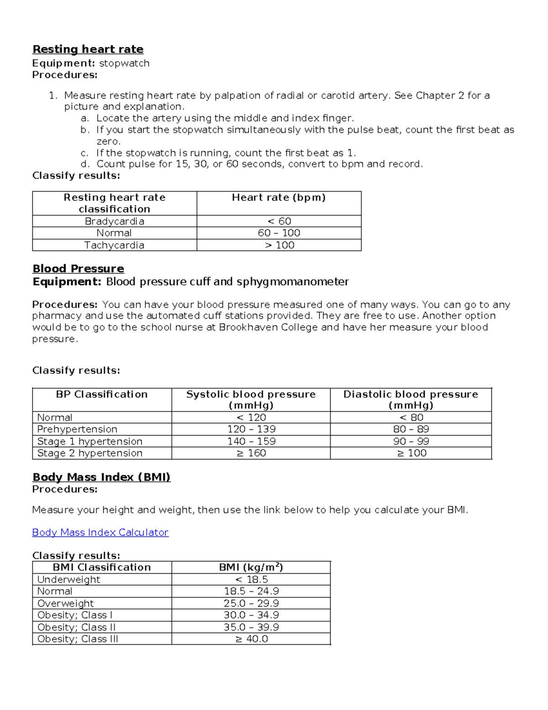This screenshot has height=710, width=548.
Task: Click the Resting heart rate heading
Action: click(x=88, y=49)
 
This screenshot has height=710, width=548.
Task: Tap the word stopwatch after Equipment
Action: click(x=124, y=63)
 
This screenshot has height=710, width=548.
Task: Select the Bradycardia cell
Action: click(x=114, y=221)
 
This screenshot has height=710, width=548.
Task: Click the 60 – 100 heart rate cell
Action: click(x=279, y=233)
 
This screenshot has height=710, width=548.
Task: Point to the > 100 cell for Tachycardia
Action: click(x=279, y=245)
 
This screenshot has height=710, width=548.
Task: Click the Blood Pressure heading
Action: click(x=78, y=269)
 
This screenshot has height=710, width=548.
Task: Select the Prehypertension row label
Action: click(x=77, y=429)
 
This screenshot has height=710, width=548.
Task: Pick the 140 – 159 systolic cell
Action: click(x=251, y=441)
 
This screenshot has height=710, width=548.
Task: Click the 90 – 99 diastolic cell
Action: click(x=411, y=441)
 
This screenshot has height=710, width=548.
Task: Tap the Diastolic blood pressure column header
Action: click(x=411, y=400)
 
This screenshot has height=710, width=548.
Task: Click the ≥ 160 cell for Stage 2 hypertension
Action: click(x=251, y=453)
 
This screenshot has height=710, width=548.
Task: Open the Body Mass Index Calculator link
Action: click(x=100, y=533)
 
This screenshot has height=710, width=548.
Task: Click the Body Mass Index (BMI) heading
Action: click(x=101, y=477)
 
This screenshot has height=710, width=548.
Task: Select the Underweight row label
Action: click(x=68, y=580)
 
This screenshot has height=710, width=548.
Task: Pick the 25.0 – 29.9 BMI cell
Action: click(x=251, y=603)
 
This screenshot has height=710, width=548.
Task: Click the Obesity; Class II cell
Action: click(x=76, y=627)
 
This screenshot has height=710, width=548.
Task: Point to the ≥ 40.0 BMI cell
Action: click(x=251, y=639)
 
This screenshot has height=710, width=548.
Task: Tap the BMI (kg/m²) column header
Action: click(x=251, y=567)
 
